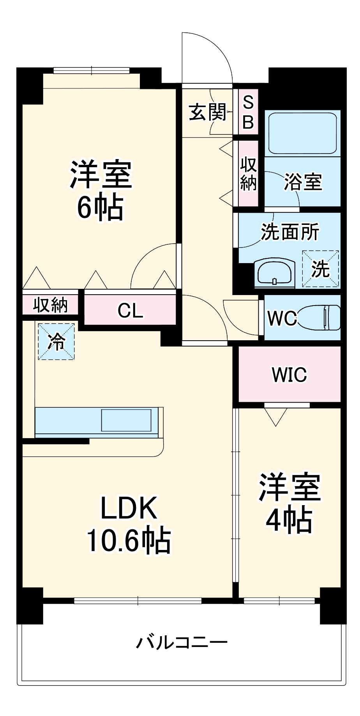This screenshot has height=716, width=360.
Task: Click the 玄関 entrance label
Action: tap(208, 113)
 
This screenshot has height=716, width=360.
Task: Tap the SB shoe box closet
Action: tap(248, 113)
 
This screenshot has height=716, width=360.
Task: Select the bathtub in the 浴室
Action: tap(302, 133)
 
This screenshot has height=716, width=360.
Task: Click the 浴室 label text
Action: tap(303, 182)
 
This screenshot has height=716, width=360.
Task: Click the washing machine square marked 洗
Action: tap(320, 269)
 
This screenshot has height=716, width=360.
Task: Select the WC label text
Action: tap(282, 318)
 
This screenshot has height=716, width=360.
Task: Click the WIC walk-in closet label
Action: tap(289, 375)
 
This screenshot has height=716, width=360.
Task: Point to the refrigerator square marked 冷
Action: tap(56, 341)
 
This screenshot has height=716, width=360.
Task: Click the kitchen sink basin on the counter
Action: tap(126, 420)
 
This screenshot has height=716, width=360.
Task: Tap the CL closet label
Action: tap(130, 310)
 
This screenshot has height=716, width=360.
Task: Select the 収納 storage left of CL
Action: tap(51, 305)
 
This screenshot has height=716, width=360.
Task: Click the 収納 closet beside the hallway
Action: tap(248, 173)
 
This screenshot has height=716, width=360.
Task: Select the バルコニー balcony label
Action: tap(182, 642)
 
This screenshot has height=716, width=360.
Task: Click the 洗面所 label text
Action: tap(289, 232)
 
